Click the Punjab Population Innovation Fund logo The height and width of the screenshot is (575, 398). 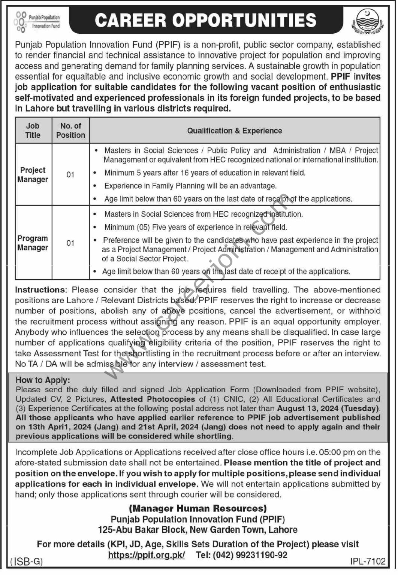[x=37, y=21]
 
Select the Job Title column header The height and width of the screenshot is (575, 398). [x=33, y=130]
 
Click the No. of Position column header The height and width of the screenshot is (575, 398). [x=70, y=130]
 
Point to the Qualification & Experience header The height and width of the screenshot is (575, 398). [x=234, y=131]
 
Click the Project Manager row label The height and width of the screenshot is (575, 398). [x=33, y=174]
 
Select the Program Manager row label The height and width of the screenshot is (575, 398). [x=33, y=243]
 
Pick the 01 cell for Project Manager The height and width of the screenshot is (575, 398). [x=70, y=174]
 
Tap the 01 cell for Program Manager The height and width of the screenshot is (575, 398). [x=70, y=243]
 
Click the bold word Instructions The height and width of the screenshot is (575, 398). [x=40, y=290]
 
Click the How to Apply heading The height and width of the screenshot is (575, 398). [x=43, y=380]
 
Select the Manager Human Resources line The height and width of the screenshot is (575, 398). [x=198, y=508]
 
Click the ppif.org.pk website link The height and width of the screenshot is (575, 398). [x=146, y=555]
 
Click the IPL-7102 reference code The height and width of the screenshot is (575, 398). [x=368, y=561]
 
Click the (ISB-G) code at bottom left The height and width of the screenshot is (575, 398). [x=27, y=561]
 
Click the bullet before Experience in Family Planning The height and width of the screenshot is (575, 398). [x=96, y=186]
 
